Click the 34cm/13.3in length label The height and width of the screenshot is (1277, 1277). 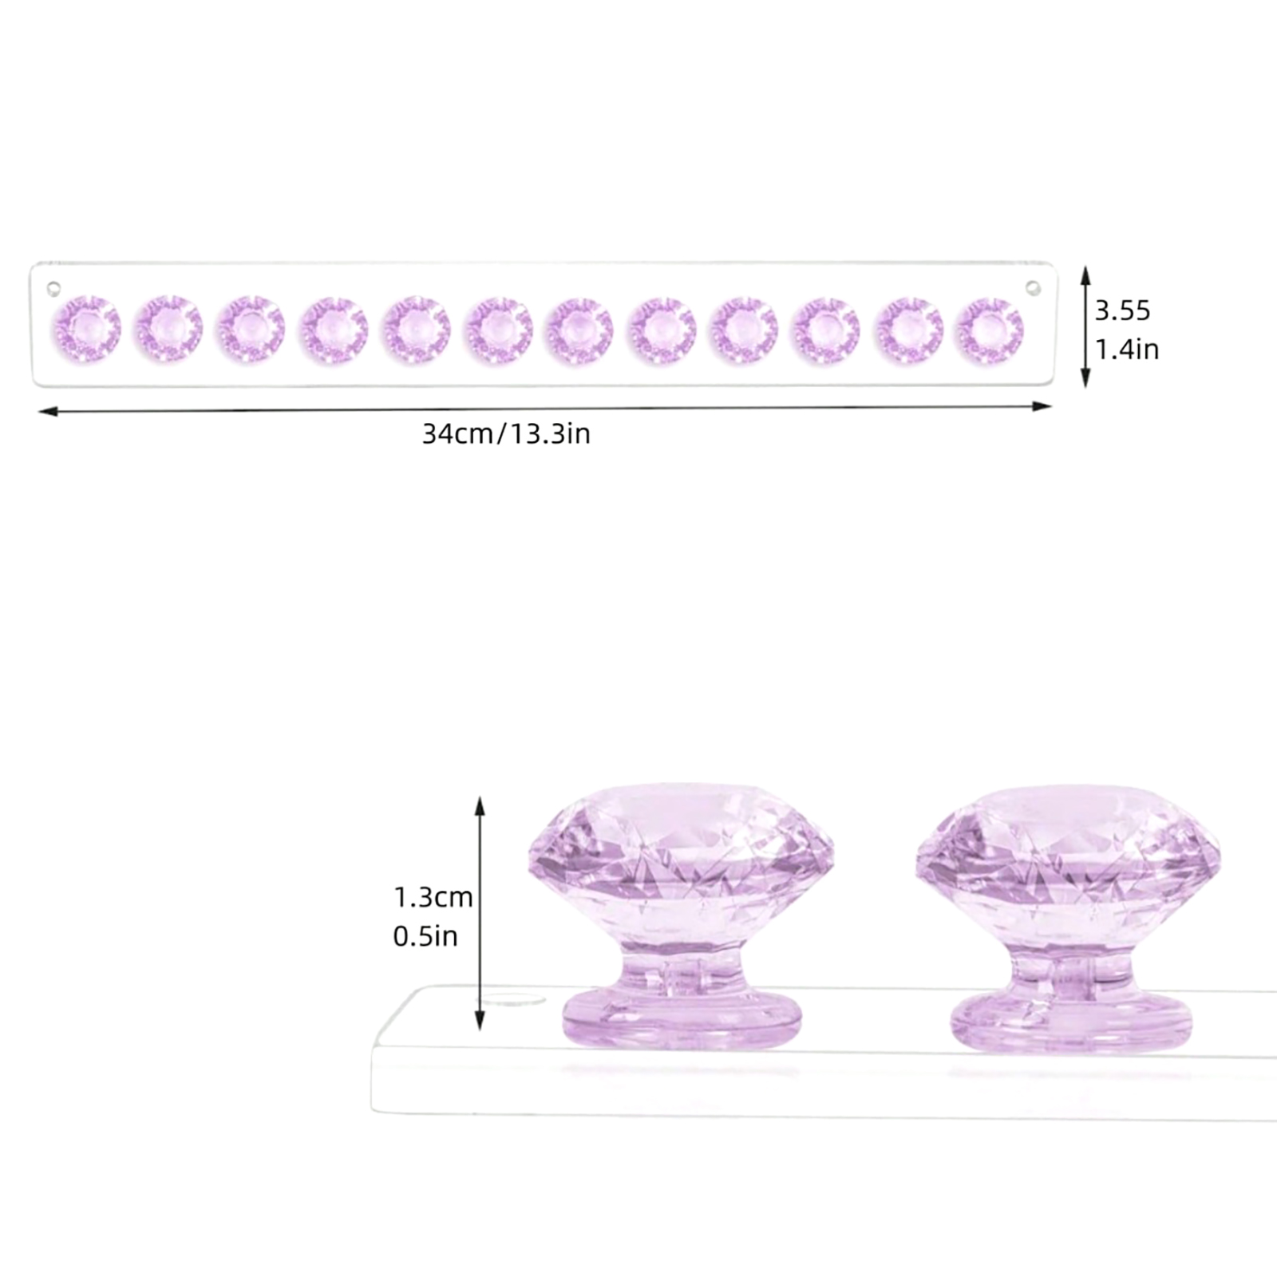pyautogui.click(x=506, y=434)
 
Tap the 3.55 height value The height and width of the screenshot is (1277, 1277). pyautogui.click(x=1122, y=310)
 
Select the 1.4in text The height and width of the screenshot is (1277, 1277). pyautogui.click(x=1126, y=350)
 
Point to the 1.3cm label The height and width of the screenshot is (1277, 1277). pyautogui.click(x=433, y=897)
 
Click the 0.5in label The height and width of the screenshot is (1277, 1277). pyautogui.click(x=425, y=935)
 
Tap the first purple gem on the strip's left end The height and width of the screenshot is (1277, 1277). pyautogui.click(x=87, y=328)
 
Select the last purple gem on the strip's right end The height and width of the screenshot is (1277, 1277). pyautogui.click(x=990, y=330)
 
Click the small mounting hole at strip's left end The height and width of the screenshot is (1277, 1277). pyautogui.click(x=53, y=287)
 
